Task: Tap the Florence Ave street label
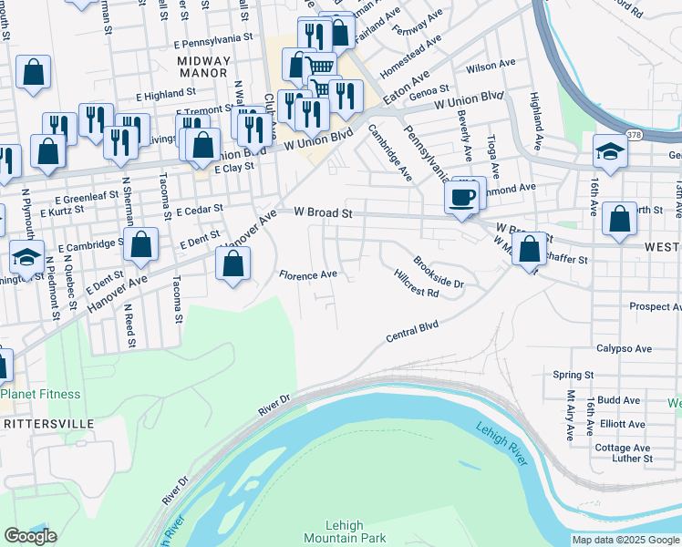click(x=308, y=274)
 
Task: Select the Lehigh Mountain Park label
click(x=345, y=532)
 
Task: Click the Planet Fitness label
click(x=40, y=395)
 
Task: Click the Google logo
click(x=30, y=536)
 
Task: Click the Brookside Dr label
click(x=438, y=270)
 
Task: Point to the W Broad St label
click(x=323, y=212)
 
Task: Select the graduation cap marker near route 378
click(x=610, y=151)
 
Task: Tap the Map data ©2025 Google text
click(x=625, y=540)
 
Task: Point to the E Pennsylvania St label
click(x=218, y=40)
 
